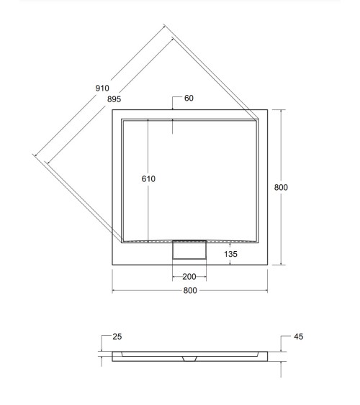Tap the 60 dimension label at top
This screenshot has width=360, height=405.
click(189, 99)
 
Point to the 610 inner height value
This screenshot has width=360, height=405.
click(148, 178)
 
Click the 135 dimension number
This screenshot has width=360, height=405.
click(230, 253)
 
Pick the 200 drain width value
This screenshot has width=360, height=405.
click(189, 277)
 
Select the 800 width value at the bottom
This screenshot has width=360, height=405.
click(190, 291)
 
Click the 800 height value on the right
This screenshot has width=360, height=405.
click(282, 187)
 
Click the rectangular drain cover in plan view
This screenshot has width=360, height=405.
click(189, 251)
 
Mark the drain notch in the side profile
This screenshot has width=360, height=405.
click(189, 358)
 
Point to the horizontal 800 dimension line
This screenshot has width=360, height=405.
click(144, 291)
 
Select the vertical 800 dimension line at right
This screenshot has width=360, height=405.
click(282, 230)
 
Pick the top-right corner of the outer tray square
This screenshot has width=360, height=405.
click(268, 110)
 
